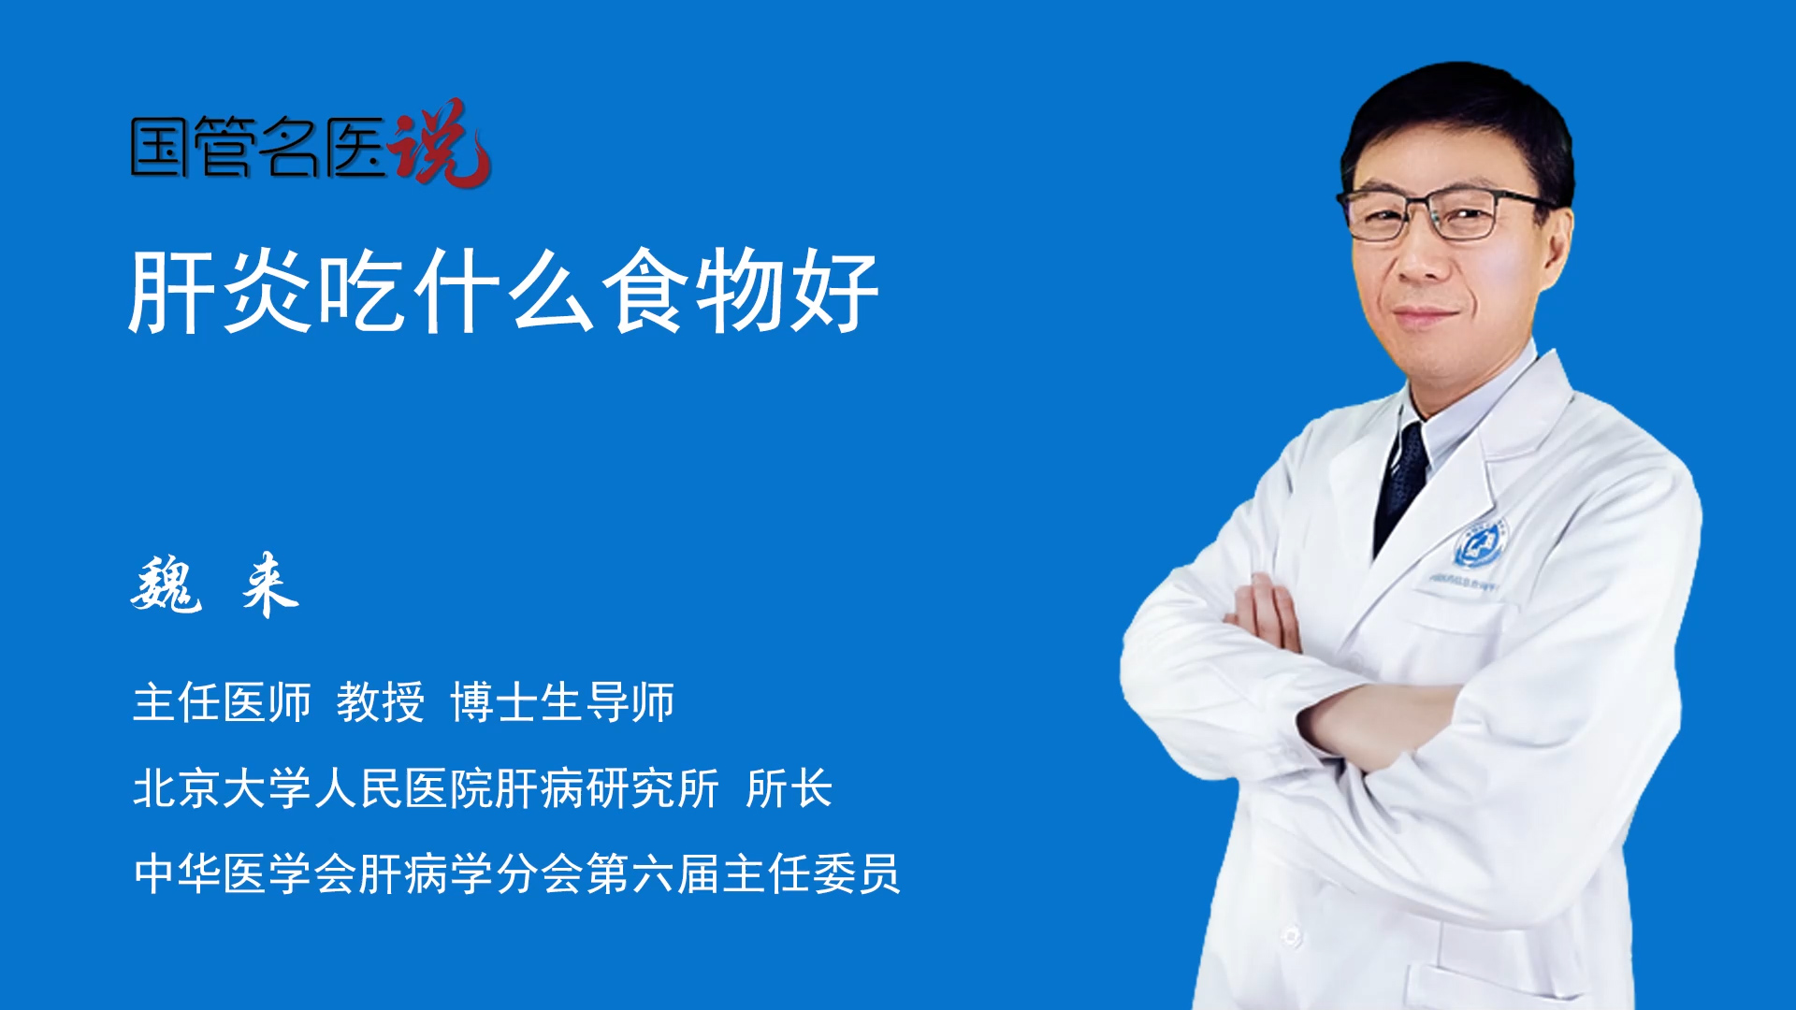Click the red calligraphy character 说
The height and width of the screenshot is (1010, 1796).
coord(441,143)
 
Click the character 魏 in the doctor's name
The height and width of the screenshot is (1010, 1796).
coord(167,584)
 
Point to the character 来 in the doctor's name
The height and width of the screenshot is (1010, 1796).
coord(270,584)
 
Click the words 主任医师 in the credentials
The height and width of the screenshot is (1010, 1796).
coord(222,702)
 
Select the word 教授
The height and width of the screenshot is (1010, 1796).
coord(380,702)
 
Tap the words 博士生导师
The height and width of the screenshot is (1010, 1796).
coord(562,702)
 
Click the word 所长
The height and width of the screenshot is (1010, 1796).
coord(789,788)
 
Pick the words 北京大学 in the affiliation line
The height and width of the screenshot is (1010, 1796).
coord(222,788)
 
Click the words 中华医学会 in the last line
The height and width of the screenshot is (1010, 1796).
coord(245,873)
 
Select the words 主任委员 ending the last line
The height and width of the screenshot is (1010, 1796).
coord(812,873)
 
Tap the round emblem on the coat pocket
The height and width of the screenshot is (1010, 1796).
coord(1479,544)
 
